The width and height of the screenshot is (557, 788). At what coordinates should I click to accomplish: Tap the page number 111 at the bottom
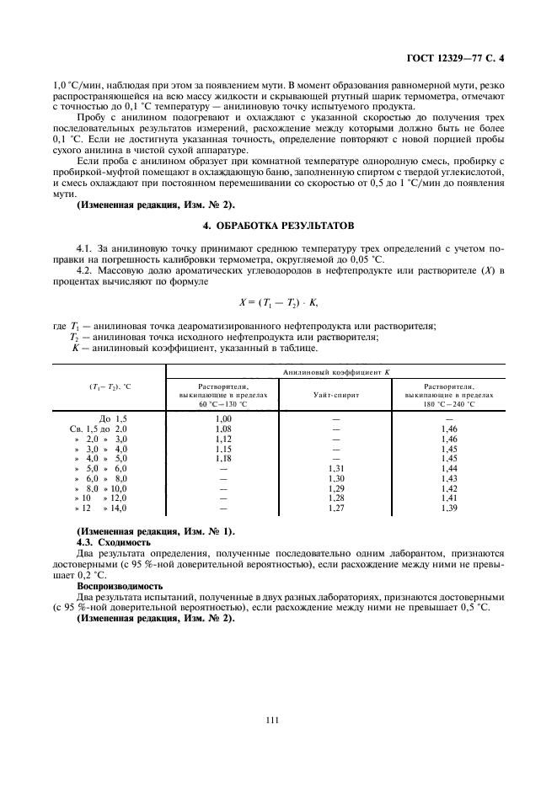[x=271, y=720]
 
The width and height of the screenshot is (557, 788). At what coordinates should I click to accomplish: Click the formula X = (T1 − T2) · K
[x=277, y=301]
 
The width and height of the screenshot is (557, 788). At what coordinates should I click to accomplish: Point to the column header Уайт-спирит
[x=335, y=393]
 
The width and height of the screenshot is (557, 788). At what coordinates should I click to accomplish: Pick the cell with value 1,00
[x=223, y=418]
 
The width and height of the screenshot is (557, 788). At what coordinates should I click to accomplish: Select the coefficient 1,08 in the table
[x=223, y=429]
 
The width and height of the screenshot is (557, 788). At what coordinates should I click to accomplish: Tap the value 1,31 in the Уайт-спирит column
[x=335, y=468]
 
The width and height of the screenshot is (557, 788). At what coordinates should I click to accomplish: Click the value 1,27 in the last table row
[x=335, y=508]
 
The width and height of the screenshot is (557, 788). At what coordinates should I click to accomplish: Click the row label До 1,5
[x=112, y=418]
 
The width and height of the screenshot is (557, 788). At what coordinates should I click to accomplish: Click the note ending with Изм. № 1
[x=156, y=532]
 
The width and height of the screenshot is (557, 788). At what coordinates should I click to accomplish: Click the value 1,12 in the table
[x=223, y=439]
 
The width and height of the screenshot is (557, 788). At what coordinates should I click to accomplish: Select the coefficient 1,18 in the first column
[x=223, y=459]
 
